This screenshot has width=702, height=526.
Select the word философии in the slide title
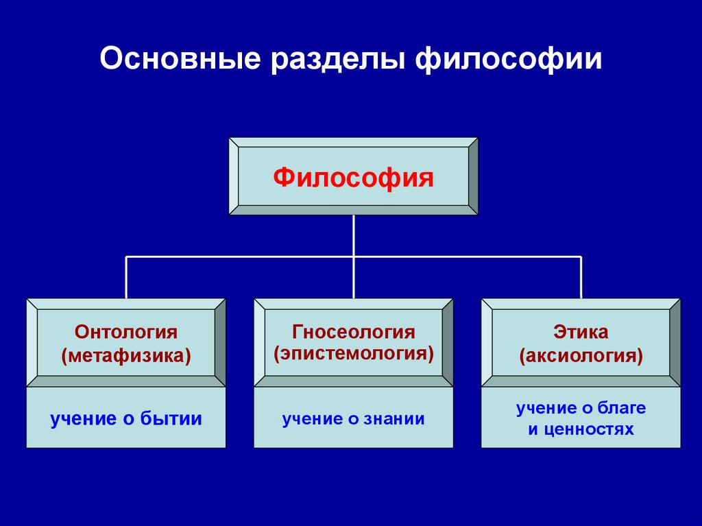509,59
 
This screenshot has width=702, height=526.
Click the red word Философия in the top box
353,178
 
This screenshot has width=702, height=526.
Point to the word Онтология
126,333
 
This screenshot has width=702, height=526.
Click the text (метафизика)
126,357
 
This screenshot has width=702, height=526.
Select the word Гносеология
354,333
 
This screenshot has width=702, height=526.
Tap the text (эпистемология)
354,355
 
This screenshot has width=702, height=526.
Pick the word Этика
581,333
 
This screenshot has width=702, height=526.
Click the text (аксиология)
581,357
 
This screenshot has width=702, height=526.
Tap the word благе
624,408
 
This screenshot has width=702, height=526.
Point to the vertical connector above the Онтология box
126,277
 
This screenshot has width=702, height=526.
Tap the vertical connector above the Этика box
581,277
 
